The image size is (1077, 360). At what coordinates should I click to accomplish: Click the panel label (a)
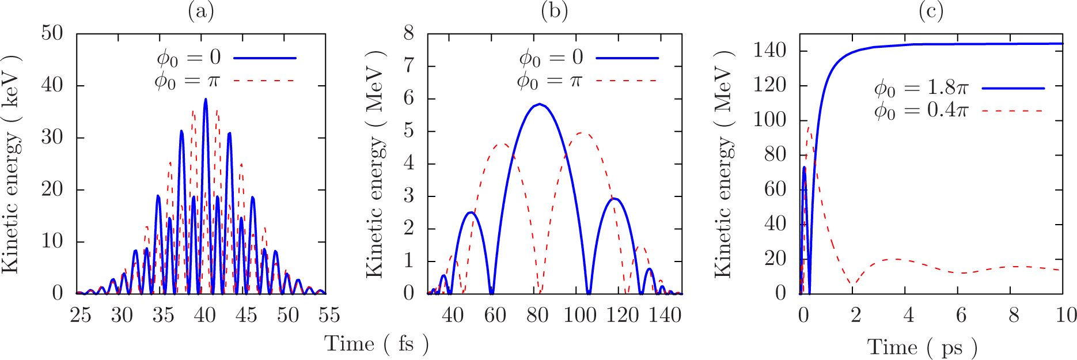201,11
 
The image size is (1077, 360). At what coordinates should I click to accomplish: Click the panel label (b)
554,11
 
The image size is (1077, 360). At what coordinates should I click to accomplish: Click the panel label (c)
931,11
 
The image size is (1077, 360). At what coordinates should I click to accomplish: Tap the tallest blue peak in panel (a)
206,100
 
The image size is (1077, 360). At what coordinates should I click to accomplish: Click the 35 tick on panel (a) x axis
164,315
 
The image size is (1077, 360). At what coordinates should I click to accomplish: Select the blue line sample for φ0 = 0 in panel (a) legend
265,58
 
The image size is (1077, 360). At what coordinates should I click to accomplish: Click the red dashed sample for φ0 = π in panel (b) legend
627,81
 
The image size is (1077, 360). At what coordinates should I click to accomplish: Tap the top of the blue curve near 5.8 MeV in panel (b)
539,104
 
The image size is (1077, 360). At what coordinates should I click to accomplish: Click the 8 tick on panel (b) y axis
409,33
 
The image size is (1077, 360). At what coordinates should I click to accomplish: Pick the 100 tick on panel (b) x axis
580,315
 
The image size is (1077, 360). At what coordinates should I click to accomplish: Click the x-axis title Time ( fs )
377,344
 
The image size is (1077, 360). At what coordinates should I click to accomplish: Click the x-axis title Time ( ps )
922,347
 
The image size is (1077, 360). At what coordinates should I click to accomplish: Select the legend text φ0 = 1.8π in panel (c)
921,88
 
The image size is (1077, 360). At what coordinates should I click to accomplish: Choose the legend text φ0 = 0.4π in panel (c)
921,110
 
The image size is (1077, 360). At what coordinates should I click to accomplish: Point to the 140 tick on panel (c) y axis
769,51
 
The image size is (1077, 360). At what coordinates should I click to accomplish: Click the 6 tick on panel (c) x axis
961,315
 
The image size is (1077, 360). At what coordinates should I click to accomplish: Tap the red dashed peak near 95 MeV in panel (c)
809,128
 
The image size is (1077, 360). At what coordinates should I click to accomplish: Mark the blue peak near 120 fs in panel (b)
615,199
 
